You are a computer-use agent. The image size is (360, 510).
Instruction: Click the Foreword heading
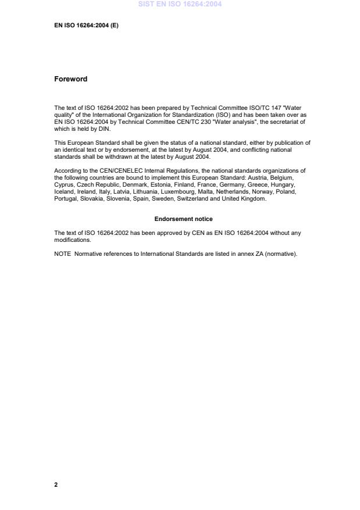click(70, 79)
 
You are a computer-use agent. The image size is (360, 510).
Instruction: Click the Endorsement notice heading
click(183, 219)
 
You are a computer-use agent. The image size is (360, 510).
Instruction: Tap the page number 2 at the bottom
click(56, 484)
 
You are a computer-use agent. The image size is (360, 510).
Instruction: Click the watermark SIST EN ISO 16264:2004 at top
click(180, 4)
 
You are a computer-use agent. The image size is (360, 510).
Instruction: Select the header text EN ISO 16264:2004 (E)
click(86, 26)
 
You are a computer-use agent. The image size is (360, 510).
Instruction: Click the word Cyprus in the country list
click(63, 184)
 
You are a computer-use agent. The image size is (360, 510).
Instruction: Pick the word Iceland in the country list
click(64, 191)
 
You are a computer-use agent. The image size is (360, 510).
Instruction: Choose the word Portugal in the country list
click(65, 198)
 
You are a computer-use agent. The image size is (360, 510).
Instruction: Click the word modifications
click(72, 240)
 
